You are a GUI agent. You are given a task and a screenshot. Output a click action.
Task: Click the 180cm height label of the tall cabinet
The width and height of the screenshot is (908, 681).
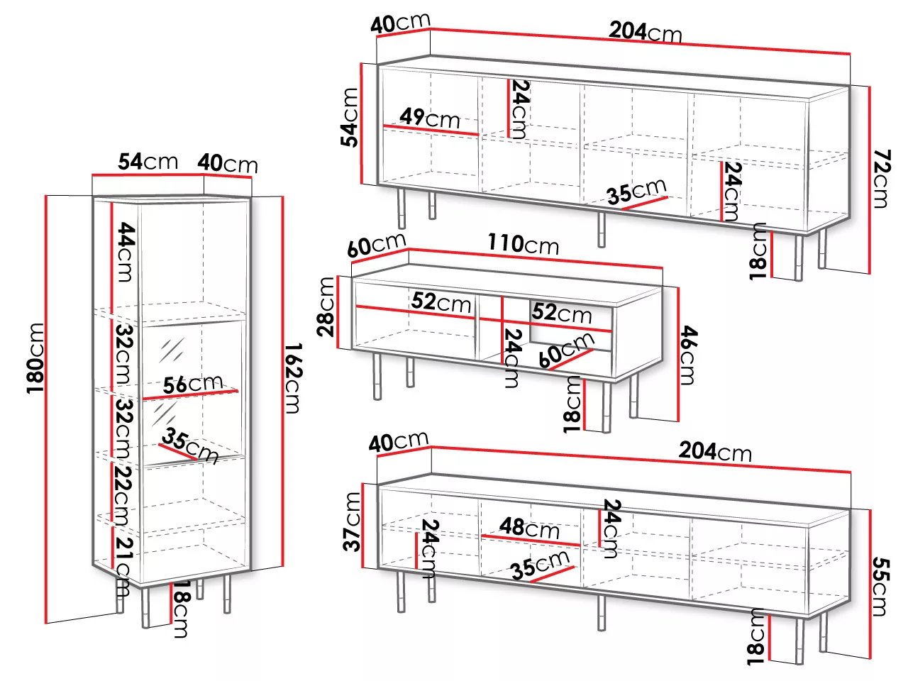click(36, 358)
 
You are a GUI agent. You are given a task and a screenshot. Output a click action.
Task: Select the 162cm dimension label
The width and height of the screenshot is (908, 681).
click(294, 378)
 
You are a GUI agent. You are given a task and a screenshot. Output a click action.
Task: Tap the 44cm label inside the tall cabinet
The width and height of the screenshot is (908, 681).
click(126, 252)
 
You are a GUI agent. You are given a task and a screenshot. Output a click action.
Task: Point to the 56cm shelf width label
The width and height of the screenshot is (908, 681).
click(193, 384)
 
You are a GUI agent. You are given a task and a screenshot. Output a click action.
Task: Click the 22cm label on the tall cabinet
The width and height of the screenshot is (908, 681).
click(123, 495)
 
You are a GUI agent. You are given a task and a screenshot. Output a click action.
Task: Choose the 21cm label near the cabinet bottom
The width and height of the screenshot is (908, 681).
click(123, 566)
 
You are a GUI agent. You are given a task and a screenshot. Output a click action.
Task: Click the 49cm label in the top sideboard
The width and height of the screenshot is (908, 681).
click(429, 118)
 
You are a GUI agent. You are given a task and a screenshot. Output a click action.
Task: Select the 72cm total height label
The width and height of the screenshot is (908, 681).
click(882, 179)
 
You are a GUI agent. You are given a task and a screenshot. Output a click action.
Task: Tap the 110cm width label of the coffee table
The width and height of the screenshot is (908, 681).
click(524, 243)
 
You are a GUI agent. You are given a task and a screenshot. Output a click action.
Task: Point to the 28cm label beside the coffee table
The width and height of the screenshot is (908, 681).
click(326, 306)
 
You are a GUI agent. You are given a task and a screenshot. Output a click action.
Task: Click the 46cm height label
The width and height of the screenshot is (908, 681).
click(688, 355)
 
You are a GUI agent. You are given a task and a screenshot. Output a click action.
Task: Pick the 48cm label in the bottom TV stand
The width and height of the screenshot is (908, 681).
click(529, 527)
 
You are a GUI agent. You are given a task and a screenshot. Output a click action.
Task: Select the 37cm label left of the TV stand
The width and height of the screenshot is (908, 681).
click(352, 522)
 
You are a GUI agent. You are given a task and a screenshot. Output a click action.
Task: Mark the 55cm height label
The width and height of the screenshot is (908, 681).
click(880, 587)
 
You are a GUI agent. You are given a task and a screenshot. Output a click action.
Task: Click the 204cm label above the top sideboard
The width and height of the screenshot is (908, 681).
click(646, 31)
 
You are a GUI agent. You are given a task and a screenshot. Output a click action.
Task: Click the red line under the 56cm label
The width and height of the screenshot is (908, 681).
click(190, 394)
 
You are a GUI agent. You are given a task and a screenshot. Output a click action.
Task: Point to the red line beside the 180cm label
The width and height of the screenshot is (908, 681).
click(46, 409)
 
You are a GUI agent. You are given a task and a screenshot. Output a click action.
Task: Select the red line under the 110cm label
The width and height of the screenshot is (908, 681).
click(536, 258)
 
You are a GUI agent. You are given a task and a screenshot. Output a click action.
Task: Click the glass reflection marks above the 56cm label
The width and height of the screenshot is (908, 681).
click(172, 350)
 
